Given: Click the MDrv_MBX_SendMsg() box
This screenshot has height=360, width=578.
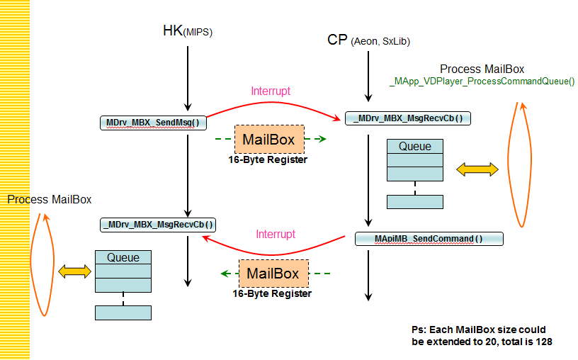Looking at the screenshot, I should (152, 122).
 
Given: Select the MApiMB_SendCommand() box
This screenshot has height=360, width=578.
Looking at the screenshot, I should (429, 239).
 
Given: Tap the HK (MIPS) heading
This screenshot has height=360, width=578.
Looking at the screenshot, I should (187, 31).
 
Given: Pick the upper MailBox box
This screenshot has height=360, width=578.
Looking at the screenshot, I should (268, 140).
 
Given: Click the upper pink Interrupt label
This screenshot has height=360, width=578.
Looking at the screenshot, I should (271, 91).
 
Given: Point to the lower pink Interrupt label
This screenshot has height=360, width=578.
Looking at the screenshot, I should (276, 234).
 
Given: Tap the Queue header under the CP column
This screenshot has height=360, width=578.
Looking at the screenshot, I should (415, 146).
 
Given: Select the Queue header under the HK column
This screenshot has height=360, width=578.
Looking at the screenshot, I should (123, 257).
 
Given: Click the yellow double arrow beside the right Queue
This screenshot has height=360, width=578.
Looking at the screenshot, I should (477, 169).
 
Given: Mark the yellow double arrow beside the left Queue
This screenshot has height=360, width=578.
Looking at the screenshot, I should (75, 271).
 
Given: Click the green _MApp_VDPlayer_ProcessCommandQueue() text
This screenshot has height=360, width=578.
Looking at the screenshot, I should (482, 81).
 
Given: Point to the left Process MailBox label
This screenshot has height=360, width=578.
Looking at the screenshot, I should (50, 199).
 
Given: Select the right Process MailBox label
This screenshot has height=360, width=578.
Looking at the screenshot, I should (482, 69).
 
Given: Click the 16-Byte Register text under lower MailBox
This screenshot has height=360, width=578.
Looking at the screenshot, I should (272, 293).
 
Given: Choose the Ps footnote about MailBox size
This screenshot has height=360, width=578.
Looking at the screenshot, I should (481, 336).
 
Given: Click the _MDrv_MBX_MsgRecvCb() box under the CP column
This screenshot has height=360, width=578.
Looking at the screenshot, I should (408, 118).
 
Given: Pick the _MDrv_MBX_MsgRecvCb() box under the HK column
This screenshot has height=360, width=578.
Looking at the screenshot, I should (159, 225).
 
